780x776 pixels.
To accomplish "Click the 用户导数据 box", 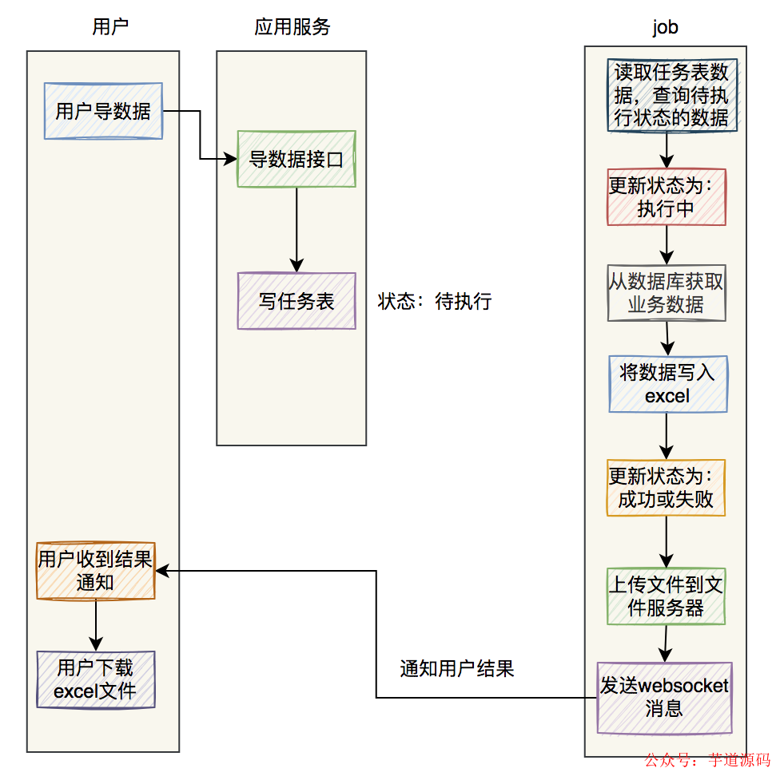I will [x=103, y=111].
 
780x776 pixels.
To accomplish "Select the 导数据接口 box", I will [x=296, y=159].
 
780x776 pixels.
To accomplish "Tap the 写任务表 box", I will [x=296, y=301].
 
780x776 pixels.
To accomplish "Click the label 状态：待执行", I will [x=435, y=302].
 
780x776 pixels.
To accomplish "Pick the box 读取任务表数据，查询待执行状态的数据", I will [x=671, y=95].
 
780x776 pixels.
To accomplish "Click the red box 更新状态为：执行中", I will [x=667, y=196].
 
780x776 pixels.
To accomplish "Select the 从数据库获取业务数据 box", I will [x=667, y=293].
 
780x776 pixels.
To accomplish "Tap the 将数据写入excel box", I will [x=667, y=383].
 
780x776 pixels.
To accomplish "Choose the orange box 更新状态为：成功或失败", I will [x=666, y=488].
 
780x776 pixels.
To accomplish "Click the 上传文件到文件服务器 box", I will [x=666, y=596].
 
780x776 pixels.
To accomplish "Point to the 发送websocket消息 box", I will [x=664, y=697].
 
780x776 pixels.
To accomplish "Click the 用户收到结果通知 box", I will [x=95, y=571].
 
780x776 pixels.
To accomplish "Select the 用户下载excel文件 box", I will [x=96, y=679].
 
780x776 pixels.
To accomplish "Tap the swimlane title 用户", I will [x=110, y=27].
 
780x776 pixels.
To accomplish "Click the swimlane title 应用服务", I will [x=292, y=27].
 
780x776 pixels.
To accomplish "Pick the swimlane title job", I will [x=665, y=27].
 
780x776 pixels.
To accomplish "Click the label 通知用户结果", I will [x=456, y=669].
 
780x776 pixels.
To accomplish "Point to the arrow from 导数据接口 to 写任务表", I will [x=296, y=230].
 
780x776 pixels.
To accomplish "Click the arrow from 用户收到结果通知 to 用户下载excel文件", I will [x=96, y=625].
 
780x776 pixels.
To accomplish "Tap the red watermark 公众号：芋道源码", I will [x=707, y=760].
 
